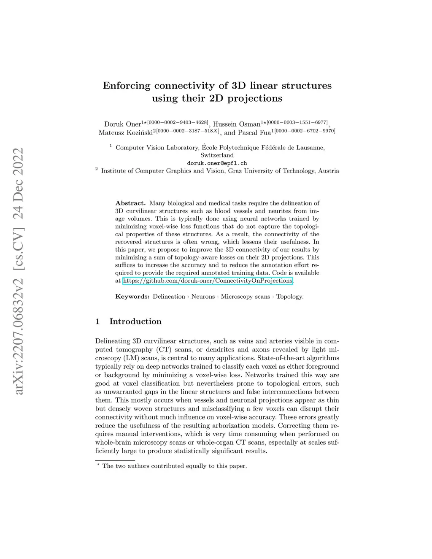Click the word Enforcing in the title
coord(127,86)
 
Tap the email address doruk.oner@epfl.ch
coord(217,163)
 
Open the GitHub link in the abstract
coord(208,281)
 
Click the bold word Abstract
coord(130,203)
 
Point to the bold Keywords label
coord(132,297)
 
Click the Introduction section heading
coord(135,321)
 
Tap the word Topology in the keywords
coord(289,297)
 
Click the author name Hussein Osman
coord(237,124)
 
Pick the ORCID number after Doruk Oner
coord(178,122)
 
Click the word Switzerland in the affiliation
coord(217,155)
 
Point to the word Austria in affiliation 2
coord(329,171)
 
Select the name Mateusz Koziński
coord(125,133)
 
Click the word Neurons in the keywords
coord(203,297)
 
